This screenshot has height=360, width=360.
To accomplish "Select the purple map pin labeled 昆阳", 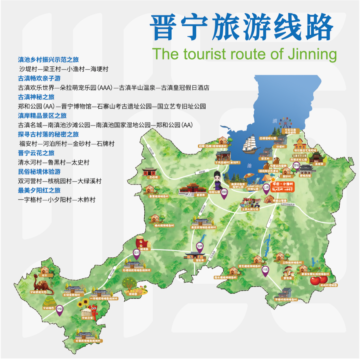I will (224, 194).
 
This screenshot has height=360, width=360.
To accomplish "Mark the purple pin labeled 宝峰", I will (200, 247).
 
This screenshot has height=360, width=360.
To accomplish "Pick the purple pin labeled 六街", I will (265, 270).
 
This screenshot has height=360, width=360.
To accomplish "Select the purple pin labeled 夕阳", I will (60, 310).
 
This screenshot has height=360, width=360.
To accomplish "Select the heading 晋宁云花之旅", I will (36, 153).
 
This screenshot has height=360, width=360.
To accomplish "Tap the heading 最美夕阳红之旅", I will (39, 190).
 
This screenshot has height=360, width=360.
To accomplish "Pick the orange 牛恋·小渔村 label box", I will (282, 187).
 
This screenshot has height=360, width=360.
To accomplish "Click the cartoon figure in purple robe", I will (218, 181).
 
